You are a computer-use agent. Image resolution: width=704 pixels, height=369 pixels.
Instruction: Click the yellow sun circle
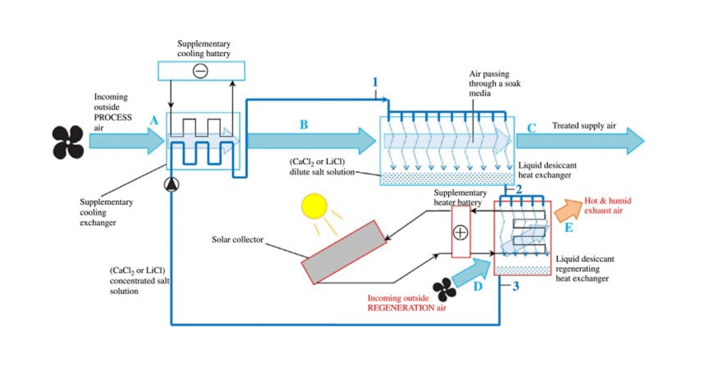pyautogui.click(x=315, y=205)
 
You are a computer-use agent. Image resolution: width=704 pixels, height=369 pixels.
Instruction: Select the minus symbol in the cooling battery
pyautogui.click(x=200, y=70)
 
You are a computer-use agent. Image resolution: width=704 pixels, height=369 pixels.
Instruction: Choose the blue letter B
pyautogui.click(x=303, y=125)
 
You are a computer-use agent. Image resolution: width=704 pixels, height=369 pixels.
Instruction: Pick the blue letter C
pyautogui.click(x=531, y=127)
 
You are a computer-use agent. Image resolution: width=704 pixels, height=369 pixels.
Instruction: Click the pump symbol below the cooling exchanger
pyautogui.click(x=170, y=184)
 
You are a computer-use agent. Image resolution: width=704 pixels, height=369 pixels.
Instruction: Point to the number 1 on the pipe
pyautogui.click(x=375, y=83)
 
